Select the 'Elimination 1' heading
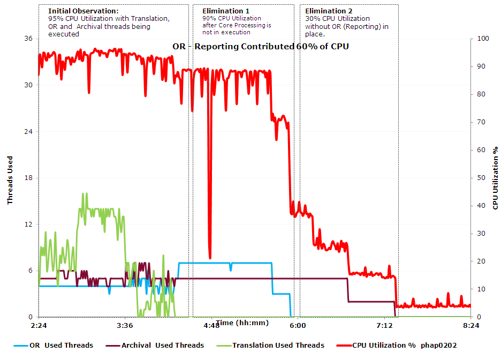(x=225, y=11)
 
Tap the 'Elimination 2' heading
(x=329, y=11)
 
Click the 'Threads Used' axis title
(x=10, y=180)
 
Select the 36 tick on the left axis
(x=28, y=39)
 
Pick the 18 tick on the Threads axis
(x=28, y=178)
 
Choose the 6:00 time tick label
(x=298, y=326)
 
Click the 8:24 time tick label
(x=470, y=326)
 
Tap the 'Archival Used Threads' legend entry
(x=162, y=346)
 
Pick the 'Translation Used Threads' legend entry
(x=278, y=346)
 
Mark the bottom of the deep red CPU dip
(x=210, y=258)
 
